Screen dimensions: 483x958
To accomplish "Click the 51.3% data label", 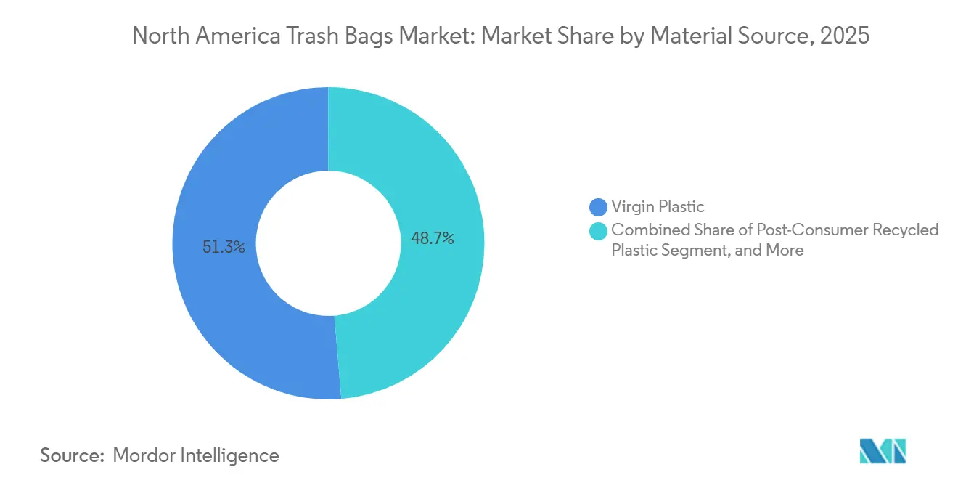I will point(224,247).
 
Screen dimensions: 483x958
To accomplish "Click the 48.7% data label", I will point(433,238).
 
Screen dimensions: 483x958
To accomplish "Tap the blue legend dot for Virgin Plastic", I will point(599,207).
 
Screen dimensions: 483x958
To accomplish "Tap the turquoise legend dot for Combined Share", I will point(599,230).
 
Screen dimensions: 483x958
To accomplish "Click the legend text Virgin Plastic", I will point(658,207).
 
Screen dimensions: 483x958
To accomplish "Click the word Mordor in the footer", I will point(144,455).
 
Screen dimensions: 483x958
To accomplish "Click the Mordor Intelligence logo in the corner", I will point(883,451).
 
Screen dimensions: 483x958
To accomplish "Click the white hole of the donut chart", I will point(328,243).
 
